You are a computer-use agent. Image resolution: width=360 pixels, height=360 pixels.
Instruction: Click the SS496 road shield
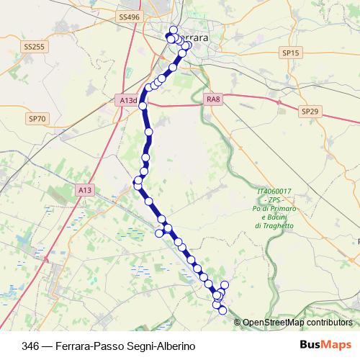pyautogui.click(x=129, y=16)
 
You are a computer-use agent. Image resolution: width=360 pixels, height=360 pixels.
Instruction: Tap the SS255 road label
pyautogui.click(x=34, y=47)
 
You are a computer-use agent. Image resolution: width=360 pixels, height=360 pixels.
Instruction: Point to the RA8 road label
pyautogui.click(x=212, y=99)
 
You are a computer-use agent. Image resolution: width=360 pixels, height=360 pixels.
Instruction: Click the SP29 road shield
pyautogui.click(x=309, y=112)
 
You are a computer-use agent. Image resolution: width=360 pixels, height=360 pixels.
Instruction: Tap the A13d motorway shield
pyautogui.click(x=127, y=102)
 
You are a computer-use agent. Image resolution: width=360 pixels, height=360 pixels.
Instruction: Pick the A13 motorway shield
pyautogui.click(x=85, y=189)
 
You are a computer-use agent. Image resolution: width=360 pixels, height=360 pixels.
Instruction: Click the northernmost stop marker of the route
pyautogui.click(x=174, y=30)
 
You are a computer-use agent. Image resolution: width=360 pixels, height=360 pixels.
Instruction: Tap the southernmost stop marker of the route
pyautogui.click(x=222, y=310)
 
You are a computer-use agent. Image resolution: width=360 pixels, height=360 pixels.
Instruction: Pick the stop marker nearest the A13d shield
pyautogui.click(x=143, y=106)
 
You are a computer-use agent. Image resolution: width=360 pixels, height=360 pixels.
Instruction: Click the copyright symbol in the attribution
pyautogui.click(x=238, y=323)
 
